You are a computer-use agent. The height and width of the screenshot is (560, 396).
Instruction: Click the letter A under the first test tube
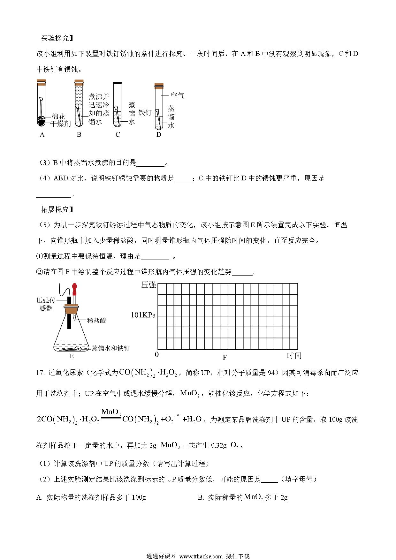tap(42, 135)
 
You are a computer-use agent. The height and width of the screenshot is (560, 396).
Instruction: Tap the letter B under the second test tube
tap(79, 135)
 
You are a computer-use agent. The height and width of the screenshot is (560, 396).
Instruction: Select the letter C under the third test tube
tap(118, 135)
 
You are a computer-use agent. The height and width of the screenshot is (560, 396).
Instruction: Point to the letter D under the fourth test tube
tap(159, 135)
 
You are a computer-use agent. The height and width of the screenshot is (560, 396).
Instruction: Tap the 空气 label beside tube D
tap(178, 95)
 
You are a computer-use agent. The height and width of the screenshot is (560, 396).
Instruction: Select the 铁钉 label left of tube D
tap(145, 113)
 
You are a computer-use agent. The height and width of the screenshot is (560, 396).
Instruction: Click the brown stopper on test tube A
tap(41, 81)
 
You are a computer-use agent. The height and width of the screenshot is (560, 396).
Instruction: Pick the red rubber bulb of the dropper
tap(75, 288)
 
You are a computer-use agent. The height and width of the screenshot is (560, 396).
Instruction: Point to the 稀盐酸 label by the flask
tap(96, 320)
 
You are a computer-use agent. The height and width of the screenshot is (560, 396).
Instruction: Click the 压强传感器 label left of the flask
tap(44, 304)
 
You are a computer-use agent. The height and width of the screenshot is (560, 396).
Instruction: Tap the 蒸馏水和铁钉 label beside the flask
tap(110, 348)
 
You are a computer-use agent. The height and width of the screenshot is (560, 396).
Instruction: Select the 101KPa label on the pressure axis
tap(143, 315)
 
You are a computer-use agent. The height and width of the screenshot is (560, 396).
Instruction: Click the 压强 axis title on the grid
tap(148, 285)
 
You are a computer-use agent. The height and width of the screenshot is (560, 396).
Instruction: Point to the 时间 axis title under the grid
tap(294, 355)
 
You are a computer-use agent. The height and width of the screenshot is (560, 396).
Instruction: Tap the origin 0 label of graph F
tap(156, 354)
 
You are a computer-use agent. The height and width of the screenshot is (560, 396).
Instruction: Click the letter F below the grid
tap(225, 358)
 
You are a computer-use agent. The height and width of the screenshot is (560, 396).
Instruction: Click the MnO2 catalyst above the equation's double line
tap(111, 412)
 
